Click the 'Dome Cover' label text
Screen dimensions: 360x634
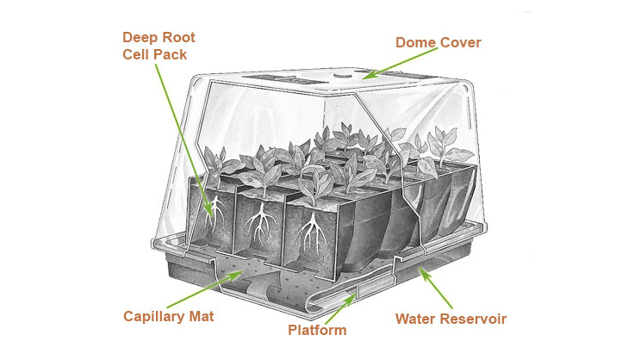point(438,41)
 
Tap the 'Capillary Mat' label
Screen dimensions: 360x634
point(168,317)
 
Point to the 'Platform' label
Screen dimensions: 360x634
point(318,330)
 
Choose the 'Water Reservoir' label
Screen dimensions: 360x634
point(451,319)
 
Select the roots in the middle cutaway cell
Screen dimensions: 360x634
point(258,227)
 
